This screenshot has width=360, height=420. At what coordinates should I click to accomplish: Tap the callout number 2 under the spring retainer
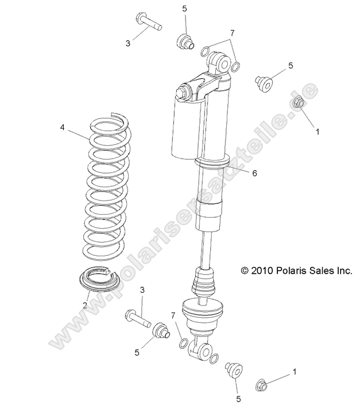(x=85, y=306)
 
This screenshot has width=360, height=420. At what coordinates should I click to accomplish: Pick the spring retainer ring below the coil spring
(x=98, y=279)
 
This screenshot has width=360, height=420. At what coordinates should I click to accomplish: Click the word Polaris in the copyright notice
(x=293, y=270)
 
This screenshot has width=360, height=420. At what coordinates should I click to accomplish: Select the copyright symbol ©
(x=245, y=270)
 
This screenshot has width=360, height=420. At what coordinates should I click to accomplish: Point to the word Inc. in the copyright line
(x=343, y=270)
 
